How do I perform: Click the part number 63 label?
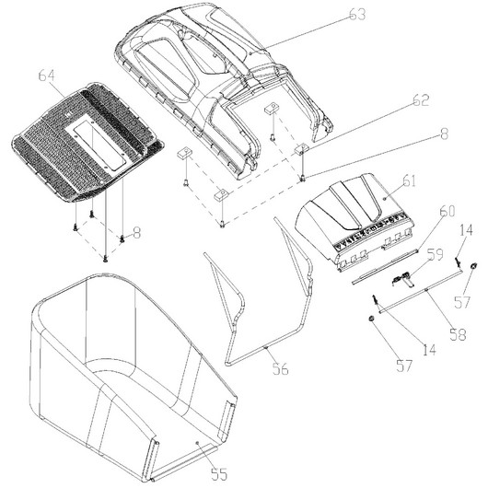[x=357, y=15]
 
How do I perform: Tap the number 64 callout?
[x=47, y=76]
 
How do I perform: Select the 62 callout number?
[x=421, y=100]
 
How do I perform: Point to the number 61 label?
[x=409, y=180]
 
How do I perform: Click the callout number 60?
[x=447, y=211]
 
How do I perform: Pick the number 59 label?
[x=435, y=254]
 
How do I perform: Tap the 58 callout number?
[x=459, y=334]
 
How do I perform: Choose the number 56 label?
[x=281, y=368]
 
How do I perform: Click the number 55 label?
[x=219, y=474]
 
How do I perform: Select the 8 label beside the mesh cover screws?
[x=136, y=232]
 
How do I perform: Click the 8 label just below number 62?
[x=444, y=134]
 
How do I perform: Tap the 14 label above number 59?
[x=466, y=230]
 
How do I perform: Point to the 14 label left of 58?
[x=429, y=350]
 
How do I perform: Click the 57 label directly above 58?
[x=462, y=302]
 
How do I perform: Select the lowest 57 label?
[x=404, y=366]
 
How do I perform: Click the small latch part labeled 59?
[x=402, y=279]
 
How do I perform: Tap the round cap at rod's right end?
[x=473, y=266]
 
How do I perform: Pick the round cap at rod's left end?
[x=371, y=319]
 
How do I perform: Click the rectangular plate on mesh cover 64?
[x=96, y=142]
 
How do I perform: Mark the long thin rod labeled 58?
[x=420, y=291]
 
